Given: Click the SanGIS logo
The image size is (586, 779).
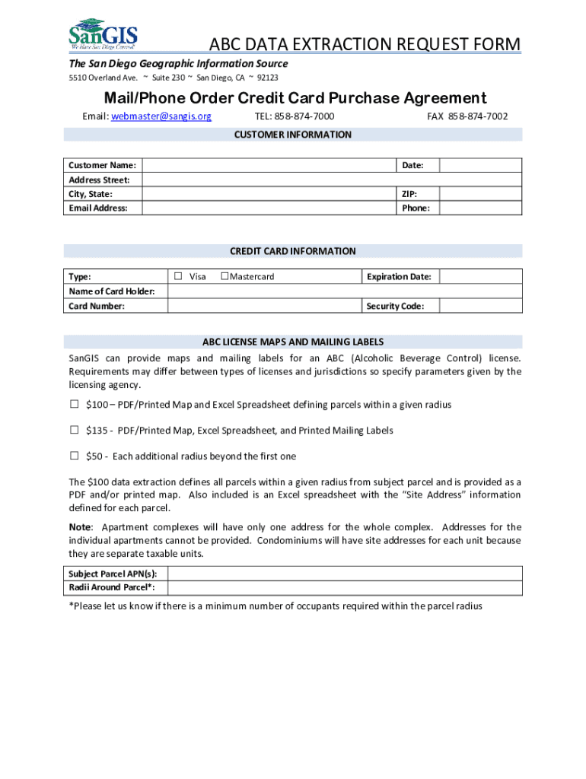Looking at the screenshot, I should pos(103,33).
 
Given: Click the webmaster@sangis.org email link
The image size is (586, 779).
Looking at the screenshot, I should pos(161,116).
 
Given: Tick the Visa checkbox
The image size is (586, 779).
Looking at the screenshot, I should pos(177,276).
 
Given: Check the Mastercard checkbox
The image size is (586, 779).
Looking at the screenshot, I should pos(225,276).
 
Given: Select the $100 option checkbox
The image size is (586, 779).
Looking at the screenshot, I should pos(75,404).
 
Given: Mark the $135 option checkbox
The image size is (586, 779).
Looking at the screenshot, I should pos(75,430).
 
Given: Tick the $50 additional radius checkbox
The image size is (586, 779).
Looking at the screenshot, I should pos(75,456).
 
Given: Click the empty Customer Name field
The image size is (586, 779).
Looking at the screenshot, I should pos(269,165).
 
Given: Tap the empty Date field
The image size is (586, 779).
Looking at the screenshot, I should pos(480,165).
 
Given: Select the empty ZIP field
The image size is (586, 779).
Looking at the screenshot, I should pos(480,194).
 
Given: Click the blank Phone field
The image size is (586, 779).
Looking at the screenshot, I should pos(480,208).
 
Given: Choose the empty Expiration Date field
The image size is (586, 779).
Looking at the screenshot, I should pos(480,276).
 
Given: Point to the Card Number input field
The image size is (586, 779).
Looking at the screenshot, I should pos(263,306).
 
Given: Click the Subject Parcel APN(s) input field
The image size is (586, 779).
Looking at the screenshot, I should pos(344,574).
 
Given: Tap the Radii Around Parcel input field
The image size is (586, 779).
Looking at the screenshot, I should pos(344,587).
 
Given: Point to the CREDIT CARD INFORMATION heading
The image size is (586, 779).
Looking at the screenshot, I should pos(293,251).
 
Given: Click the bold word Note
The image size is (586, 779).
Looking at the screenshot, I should pos(80,527).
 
